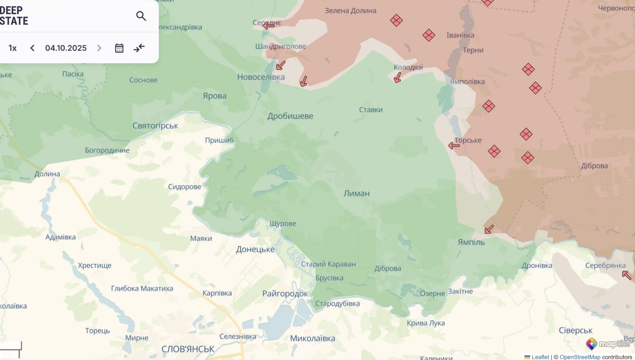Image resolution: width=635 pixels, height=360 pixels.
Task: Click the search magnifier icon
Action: click(x=141, y=16)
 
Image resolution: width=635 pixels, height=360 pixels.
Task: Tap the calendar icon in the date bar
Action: click(x=119, y=48)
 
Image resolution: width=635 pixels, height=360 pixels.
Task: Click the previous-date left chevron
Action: click(x=32, y=48)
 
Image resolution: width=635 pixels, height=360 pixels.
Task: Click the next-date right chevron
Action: click(x=99, y=48)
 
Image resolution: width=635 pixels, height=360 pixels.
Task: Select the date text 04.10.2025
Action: click(x=66, y=48)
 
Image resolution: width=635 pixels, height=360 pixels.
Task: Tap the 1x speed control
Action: click(x=13, y=48)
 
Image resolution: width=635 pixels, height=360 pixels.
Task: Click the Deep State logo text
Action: click(x=14, y=16)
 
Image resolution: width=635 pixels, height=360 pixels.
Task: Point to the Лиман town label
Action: click(x=356, y=193)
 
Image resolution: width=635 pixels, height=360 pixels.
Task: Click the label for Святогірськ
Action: click(x=155, y=126)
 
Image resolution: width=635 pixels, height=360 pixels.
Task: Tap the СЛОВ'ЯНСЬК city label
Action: click(x=188, y=349)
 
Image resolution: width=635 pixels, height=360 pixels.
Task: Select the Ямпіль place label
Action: click(x=471, y=242)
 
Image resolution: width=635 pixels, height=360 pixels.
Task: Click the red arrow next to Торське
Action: click(x=454, y=146)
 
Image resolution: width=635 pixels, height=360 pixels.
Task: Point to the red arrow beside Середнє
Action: click(x=269, y=25)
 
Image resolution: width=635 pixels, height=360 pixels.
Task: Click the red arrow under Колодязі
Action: click(x=398, y=78)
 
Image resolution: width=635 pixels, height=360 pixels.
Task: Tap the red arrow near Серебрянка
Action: click(x=626, y=275)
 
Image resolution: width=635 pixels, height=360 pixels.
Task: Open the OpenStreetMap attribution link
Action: click(x=580, y=357)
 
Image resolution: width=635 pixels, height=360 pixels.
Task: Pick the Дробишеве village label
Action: click(x=290, y=116)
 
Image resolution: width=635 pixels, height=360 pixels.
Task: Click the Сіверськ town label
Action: click(x=575, y=330)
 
